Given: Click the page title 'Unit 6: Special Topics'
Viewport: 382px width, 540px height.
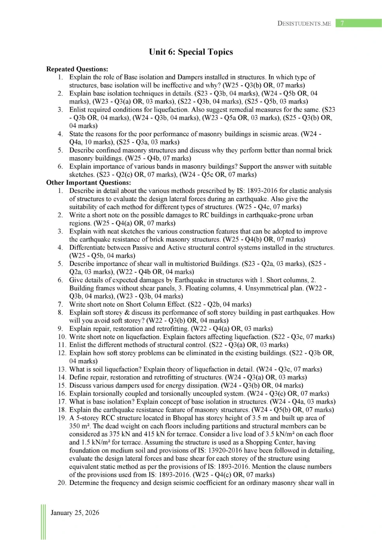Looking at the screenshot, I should [x=191, y=52].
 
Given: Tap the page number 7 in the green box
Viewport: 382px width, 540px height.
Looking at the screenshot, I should [x=342, y=23].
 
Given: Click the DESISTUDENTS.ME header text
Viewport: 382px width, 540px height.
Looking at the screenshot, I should [x=304, y=24].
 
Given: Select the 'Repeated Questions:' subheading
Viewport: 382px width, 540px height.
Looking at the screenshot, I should [x=77, y=69].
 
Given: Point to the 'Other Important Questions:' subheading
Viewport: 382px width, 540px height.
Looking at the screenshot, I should [x=89, y=182].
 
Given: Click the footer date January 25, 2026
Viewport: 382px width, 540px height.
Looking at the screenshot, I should [x=75, y=513].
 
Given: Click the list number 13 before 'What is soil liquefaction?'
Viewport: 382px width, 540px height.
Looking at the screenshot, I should [x=62, y=369].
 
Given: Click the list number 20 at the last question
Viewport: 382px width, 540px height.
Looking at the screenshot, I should [x=62, y=483].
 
